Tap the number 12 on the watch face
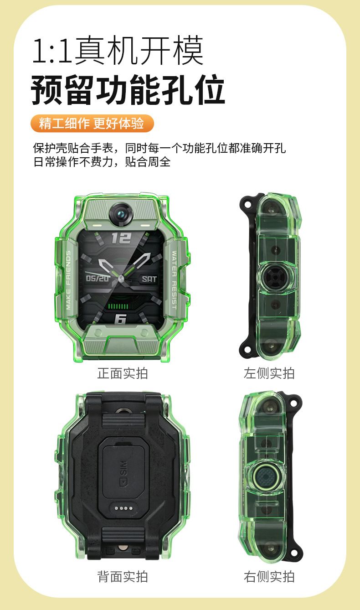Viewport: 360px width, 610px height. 121,238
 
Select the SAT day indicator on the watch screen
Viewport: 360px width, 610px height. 149,279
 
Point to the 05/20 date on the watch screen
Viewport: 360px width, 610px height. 97,278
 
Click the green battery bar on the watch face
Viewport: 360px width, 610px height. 118,306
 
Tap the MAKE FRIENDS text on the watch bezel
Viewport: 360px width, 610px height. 68,280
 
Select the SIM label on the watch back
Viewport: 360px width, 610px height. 123,474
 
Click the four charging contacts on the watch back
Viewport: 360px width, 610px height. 123,508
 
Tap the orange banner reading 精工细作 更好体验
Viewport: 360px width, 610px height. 92,124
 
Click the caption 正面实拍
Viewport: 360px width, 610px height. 123,373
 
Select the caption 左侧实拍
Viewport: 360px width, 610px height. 269,373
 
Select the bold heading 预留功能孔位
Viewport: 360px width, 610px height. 128,90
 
